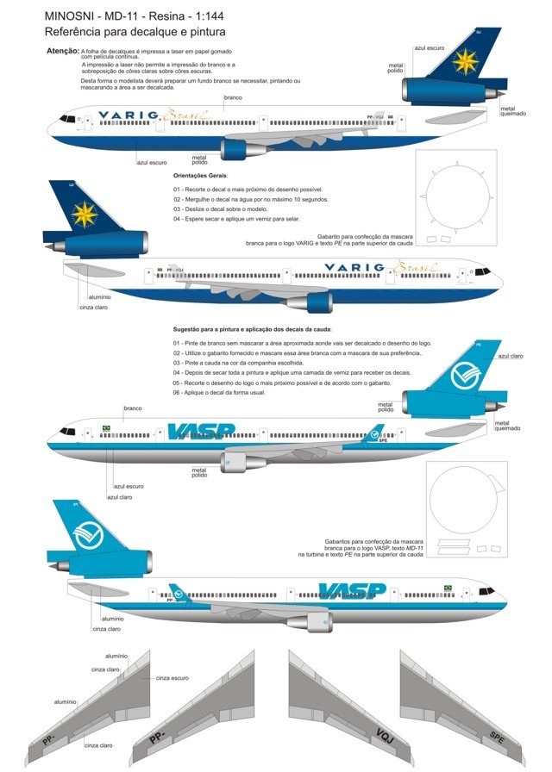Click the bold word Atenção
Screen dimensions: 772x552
(63, 52)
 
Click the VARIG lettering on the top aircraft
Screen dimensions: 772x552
(129, 115)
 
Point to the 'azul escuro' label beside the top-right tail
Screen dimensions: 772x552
(430, 48)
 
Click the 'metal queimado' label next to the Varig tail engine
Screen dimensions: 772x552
(513, 111)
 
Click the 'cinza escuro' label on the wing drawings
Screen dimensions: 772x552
(172, 678)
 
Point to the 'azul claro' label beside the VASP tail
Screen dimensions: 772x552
(511, 356)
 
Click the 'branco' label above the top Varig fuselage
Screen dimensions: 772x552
(232, 98)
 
